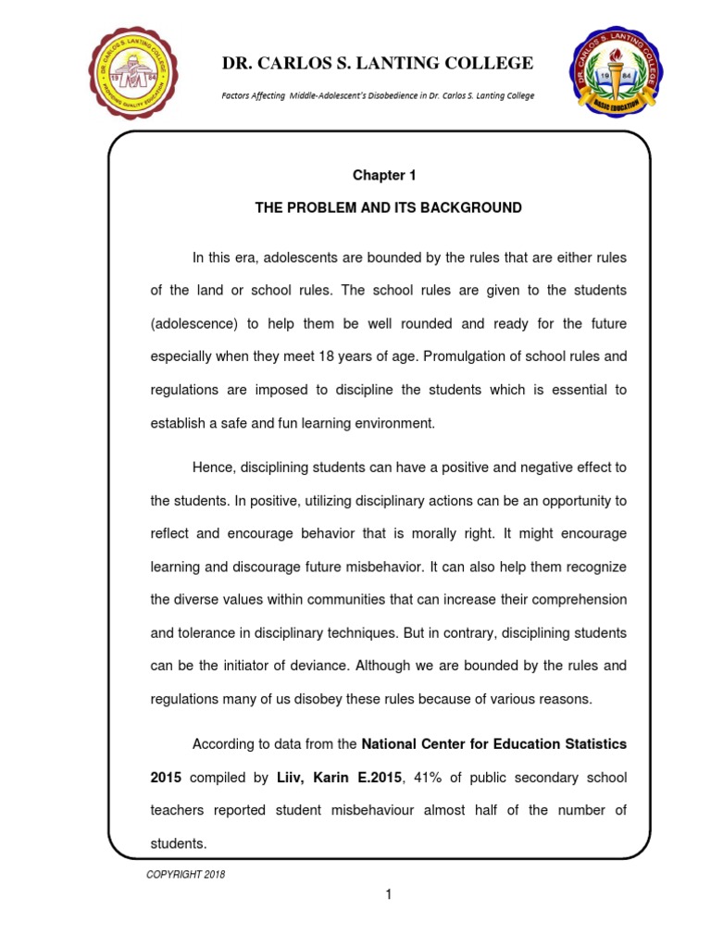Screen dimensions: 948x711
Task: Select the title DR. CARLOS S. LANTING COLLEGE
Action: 377,63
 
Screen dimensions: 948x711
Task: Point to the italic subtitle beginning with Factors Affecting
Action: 377,96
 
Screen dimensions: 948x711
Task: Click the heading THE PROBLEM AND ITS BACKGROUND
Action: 388,208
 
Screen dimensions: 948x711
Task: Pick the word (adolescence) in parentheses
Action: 192,323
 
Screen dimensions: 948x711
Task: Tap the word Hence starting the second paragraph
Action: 212,468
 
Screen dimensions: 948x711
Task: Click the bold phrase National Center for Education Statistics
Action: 493,743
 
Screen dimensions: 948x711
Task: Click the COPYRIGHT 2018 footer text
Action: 186,874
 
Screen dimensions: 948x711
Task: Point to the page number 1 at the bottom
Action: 389,894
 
